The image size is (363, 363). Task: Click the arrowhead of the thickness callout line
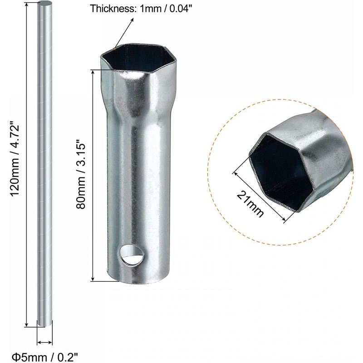pyautogui.click(x=133, y=20)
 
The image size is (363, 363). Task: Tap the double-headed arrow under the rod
pyautogui.click(x=44, y=343)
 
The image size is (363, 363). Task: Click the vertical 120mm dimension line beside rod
pyautogui.click(x=27, y=163)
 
